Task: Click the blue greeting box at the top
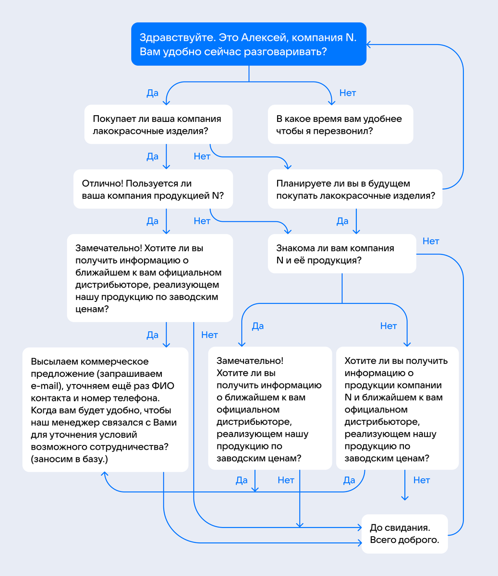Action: (249, 44)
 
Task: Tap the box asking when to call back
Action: (340, 124)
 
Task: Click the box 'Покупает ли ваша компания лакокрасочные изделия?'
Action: (158, 124)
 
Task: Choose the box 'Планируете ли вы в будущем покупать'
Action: (355, 189)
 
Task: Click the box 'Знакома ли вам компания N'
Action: (341, 254)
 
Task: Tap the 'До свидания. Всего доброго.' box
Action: (404, 534)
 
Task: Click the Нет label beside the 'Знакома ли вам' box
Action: (431, 241)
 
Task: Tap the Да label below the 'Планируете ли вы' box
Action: (342, 221)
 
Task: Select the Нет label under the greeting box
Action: (348, 93)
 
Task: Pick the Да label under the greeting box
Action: (152, 93)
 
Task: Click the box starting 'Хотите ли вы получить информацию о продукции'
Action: (397, 408)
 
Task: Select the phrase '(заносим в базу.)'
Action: (70, 459)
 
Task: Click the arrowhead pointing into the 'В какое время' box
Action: (331, 101)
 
